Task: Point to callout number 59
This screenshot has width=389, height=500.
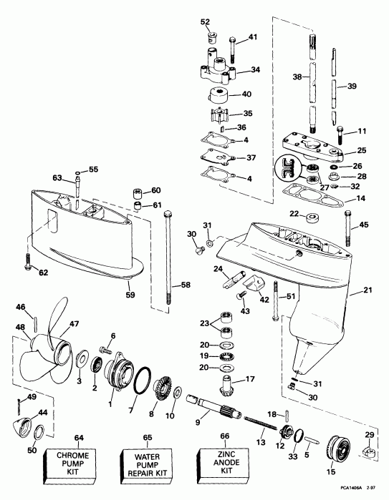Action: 128,292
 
